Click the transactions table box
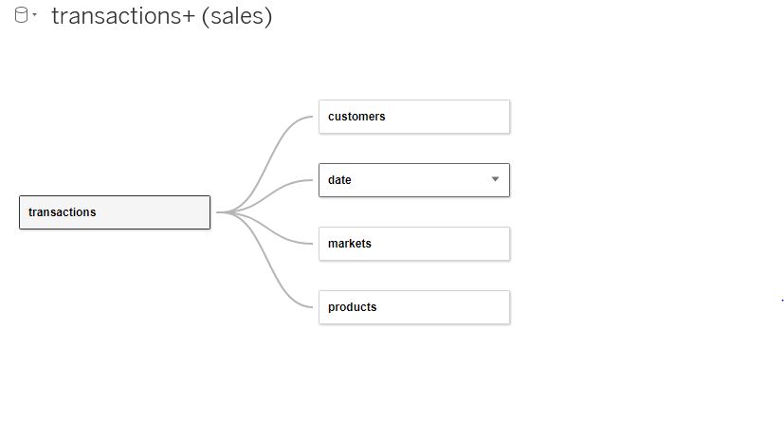click(x=114, y=212)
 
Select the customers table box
click(x=413, y=117)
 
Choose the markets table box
click(x=413, y=244)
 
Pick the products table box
click(x=413, y=307)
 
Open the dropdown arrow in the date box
click(x=495, y=179)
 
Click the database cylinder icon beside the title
click(x=21, y=16)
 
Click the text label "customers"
click(x=356, y=117)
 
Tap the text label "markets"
click(x=350, y=244)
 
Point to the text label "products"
click(x=352, y=307)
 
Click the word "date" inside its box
click(x=339, y=180)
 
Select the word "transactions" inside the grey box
click(x=63, y=212)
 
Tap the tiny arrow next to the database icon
click(x=35, y=17)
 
